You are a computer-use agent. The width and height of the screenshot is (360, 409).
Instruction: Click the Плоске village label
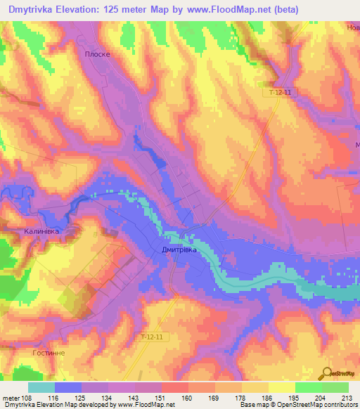pos(98,53)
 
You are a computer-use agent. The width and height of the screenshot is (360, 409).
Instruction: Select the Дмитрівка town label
pos(177,249)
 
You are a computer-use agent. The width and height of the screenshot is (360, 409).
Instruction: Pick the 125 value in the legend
pos(82,398)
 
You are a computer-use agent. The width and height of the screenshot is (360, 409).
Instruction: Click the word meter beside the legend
pos(9,398)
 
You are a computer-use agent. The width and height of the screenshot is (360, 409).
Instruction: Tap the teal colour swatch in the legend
pos(41,387)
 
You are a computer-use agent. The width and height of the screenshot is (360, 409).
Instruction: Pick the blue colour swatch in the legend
pos(68,387)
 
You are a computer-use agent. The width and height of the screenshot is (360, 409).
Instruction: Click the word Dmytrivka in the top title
pos(34,10)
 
